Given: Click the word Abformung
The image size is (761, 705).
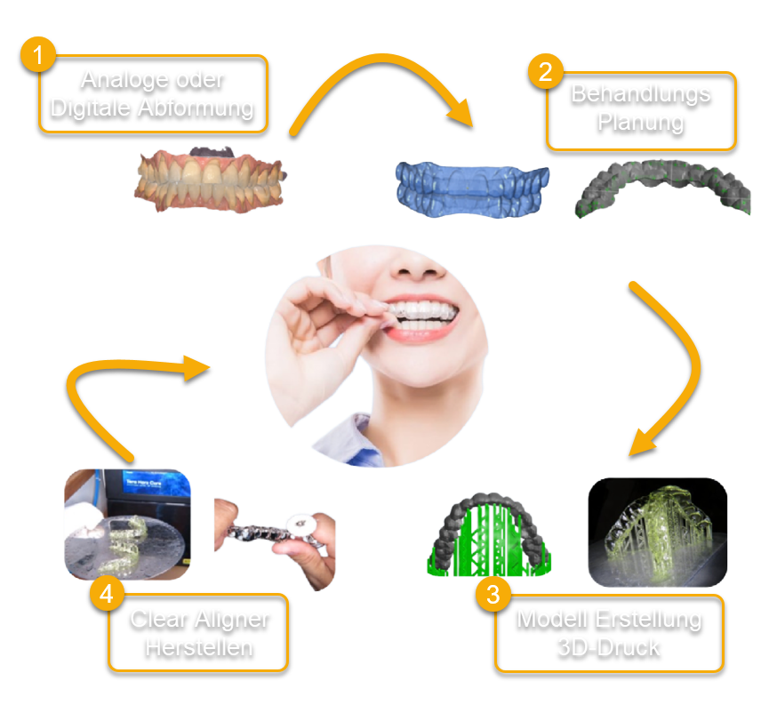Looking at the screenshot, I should [x=198, y=108].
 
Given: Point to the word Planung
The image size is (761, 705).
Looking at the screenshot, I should [x=641, y=121].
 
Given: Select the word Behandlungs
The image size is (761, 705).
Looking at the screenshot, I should [x=641, y=93].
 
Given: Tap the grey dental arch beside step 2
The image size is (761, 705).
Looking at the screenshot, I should [x=663, y=186].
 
